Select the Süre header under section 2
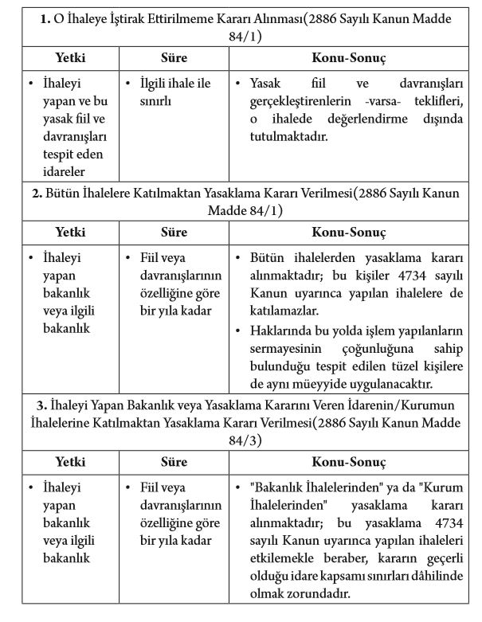click(174, 233)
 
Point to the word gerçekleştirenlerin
click(300, 100)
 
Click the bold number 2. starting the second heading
click(37, 194)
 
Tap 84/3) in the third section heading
click(240, 439)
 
